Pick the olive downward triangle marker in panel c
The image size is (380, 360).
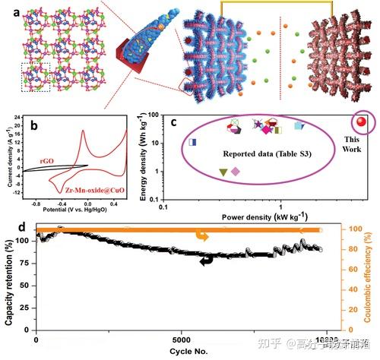223,172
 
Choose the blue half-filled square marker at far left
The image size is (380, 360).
192,142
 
